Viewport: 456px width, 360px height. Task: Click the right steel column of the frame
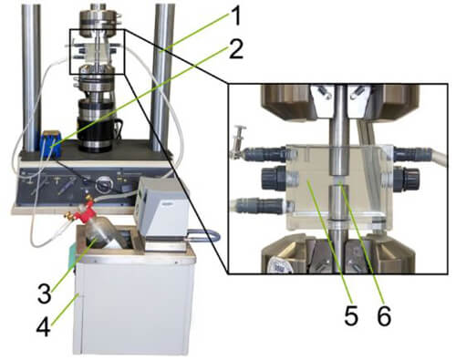pyautogui.click(x=164, y=73)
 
